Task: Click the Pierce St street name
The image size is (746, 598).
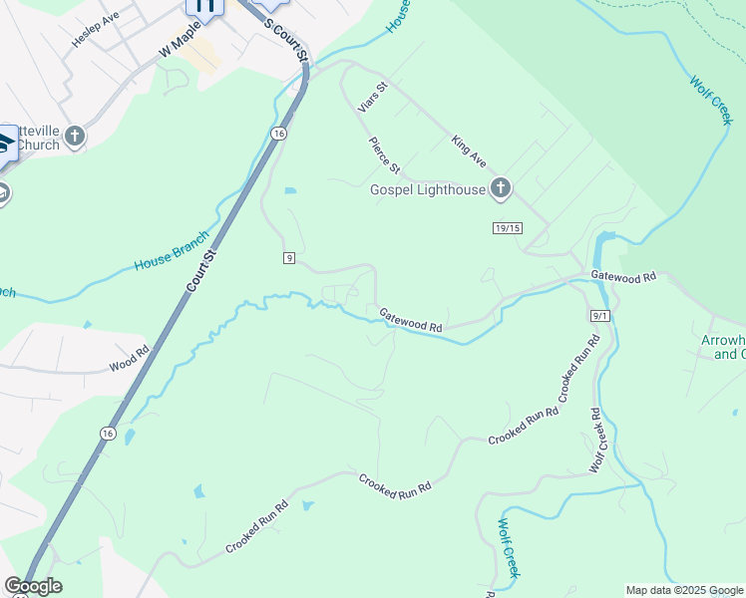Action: tap(384, 154)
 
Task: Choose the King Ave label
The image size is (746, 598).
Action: tap(468, 151)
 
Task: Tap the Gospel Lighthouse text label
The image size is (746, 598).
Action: tap(428, 189)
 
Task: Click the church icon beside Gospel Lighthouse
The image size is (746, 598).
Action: tap(501, 187)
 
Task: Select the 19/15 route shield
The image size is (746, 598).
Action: tap(508, 228)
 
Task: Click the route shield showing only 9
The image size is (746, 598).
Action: tap(288, 258)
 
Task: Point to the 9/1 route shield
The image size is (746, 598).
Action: tap(599, 315)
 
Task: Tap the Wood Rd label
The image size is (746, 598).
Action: tap(129, 358)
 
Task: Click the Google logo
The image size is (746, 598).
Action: tap(33, 586)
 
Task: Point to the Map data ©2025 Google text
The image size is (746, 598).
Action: tap(684, 590)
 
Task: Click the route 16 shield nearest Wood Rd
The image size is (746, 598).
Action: tap(107, 433)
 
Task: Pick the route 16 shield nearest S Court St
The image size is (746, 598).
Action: tap(279, 134)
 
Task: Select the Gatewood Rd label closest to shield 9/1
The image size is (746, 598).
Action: tap(623, 276)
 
